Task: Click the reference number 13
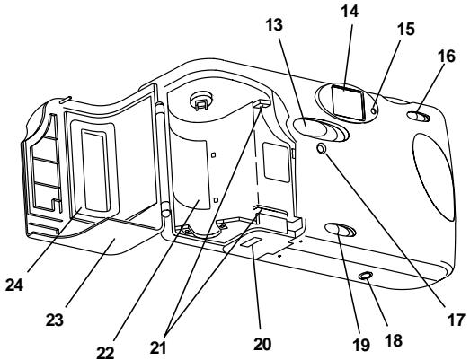274,24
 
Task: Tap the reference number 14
350,12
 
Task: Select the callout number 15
406,29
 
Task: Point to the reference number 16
447,56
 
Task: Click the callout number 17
456,320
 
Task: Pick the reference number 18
394,340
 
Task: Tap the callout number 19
361,345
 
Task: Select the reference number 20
262,344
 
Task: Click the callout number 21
157,347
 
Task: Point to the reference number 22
105,353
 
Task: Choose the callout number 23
55,320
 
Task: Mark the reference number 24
14,285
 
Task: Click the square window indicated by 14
349,102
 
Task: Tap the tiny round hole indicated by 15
374,110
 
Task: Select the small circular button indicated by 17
322,147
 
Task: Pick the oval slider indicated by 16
419,117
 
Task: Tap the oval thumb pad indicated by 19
341,231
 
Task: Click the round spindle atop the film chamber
201,99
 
